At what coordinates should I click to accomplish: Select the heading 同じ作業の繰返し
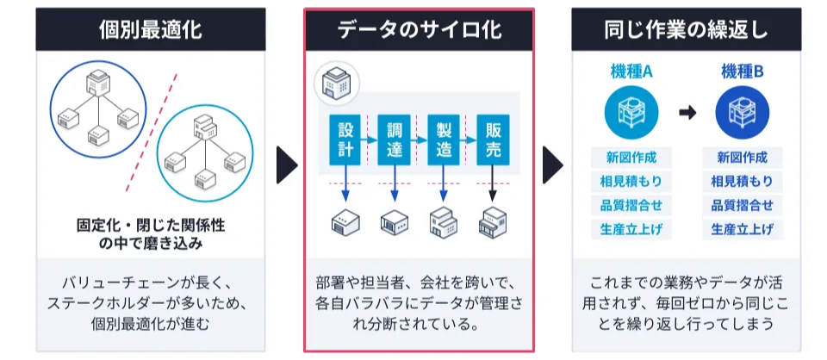pos(687,29)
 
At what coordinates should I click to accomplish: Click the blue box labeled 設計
pos(345,140)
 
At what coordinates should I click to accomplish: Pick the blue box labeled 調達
pos(395,140)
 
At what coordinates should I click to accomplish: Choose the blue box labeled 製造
pos(444,140)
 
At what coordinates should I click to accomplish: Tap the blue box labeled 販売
pos(493,140)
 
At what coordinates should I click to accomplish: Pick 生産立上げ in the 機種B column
pos(742,229)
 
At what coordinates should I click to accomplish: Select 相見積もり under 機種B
pos(742,182)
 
